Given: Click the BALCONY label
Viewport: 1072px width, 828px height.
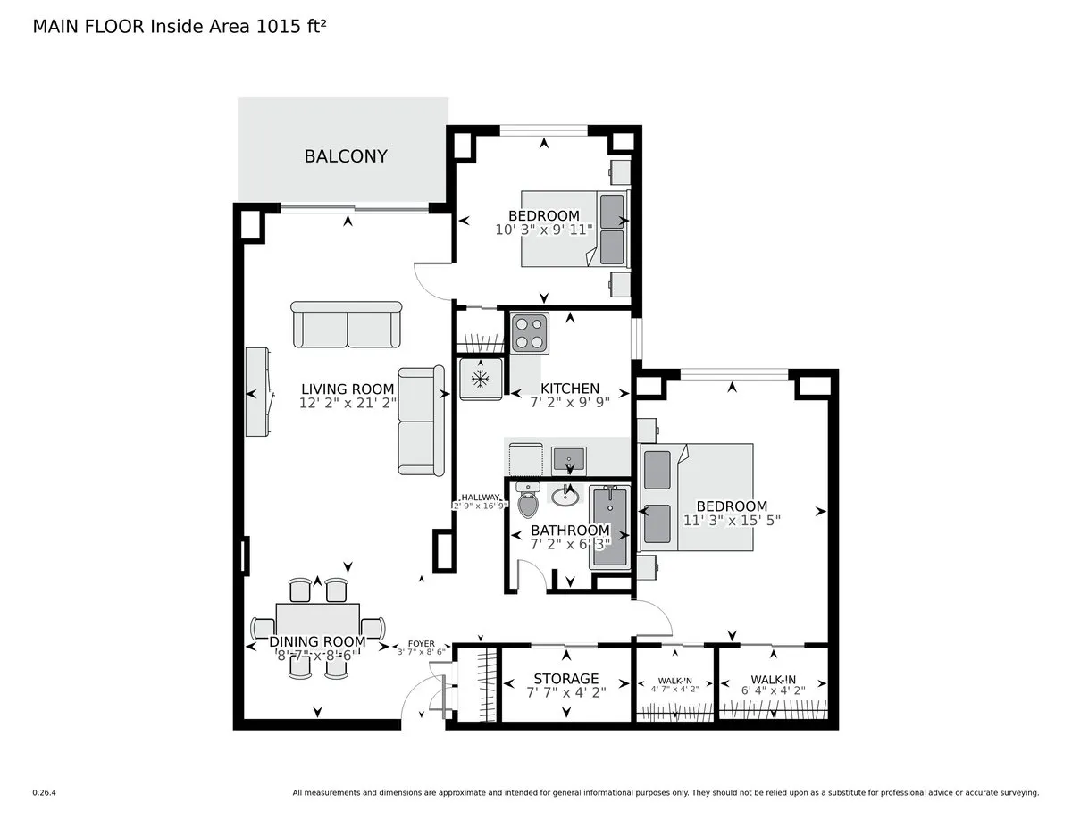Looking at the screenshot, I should pos(346,156).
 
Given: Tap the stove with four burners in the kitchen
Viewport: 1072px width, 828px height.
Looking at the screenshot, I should pos(529,333).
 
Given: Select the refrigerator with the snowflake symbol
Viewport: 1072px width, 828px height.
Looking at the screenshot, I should pos(481,379).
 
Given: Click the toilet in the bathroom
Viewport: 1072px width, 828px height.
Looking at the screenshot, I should pos(528,503).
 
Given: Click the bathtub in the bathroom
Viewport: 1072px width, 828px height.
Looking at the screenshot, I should pos(611,526).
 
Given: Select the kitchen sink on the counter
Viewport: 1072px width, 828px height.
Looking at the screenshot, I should pos(567,459).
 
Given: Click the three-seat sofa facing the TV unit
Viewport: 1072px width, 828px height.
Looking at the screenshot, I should pos(420,421).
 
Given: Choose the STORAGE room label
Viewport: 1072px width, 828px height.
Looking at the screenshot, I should pos(566,679).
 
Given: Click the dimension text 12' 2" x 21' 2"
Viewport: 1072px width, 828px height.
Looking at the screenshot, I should pos(348,403).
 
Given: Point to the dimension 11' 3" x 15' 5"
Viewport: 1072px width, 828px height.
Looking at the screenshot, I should pos(733,521).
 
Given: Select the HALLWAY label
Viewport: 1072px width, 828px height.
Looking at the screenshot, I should pos(481,498).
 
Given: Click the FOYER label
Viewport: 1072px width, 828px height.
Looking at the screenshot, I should pos(421,643).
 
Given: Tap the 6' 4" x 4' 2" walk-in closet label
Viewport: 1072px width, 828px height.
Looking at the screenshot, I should pos(773,689).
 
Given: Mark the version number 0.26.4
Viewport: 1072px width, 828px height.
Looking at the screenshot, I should pos(45,792).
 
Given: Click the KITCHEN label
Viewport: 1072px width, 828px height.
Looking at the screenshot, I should pos(570,389).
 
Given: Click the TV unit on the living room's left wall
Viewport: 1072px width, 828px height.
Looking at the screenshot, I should pos(258,392).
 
